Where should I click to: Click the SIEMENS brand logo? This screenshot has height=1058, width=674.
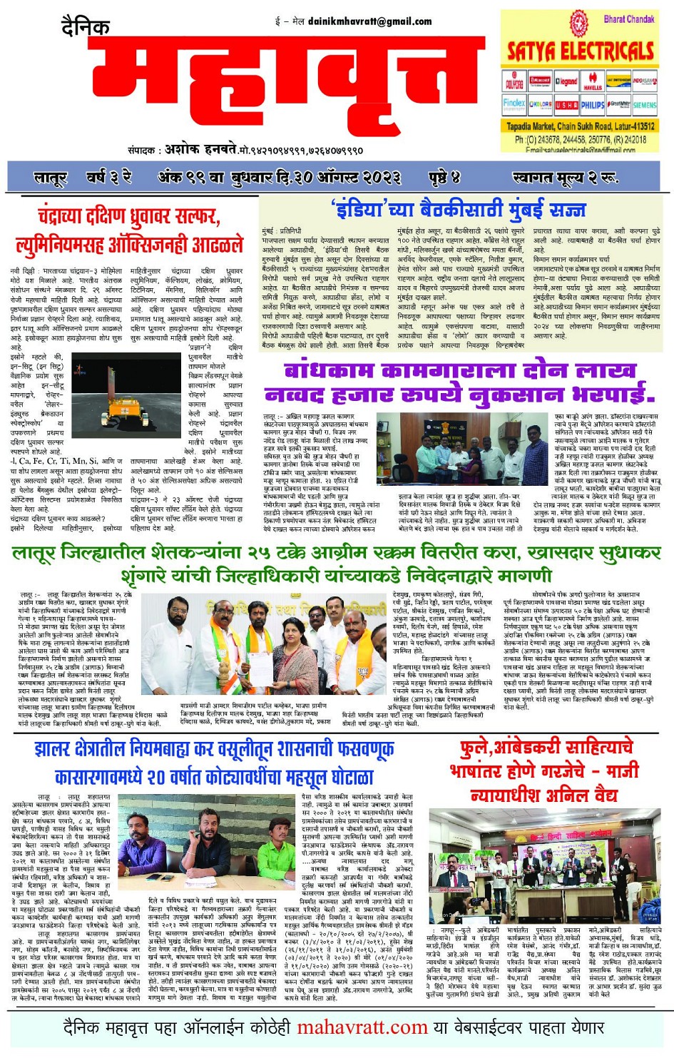pyautogui.click(x=644, y=104)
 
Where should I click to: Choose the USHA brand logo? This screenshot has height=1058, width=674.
pyautogui.click(x=566, y=104)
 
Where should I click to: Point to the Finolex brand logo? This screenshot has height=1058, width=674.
pyautogui.click(x=514, y=103)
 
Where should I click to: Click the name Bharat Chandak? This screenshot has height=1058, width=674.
pyautogui.click(x=628, y=19)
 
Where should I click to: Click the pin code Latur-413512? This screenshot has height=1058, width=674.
pyautogui.click(x=630, y=126)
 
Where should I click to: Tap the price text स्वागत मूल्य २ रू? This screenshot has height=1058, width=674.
pyautogui.click(x=564, y=176)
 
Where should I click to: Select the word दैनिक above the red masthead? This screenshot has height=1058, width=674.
pyautogui.click(x=86, y=28)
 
